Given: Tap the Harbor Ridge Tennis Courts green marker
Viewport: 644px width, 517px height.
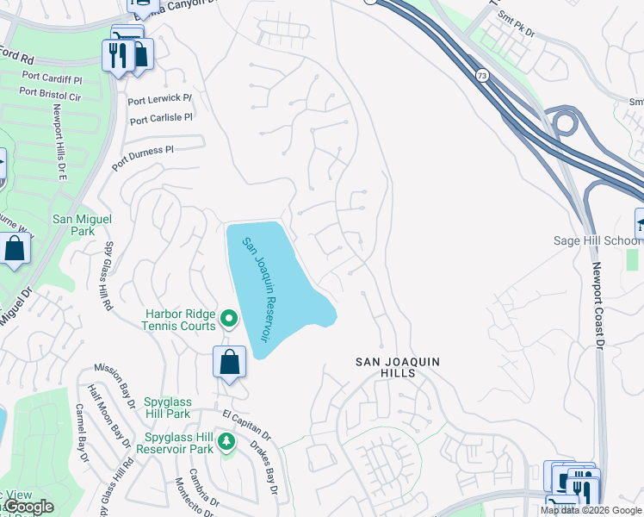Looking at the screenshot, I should [228, 320].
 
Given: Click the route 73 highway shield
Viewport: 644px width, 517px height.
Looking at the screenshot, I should [480, 76].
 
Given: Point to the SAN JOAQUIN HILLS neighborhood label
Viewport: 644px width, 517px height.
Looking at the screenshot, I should [398, 367].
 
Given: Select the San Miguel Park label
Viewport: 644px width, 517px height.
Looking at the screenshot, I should [82, 225].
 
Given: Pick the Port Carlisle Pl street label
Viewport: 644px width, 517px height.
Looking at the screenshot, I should [161, 118].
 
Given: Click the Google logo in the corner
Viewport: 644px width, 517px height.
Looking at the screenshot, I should [28, 507].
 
